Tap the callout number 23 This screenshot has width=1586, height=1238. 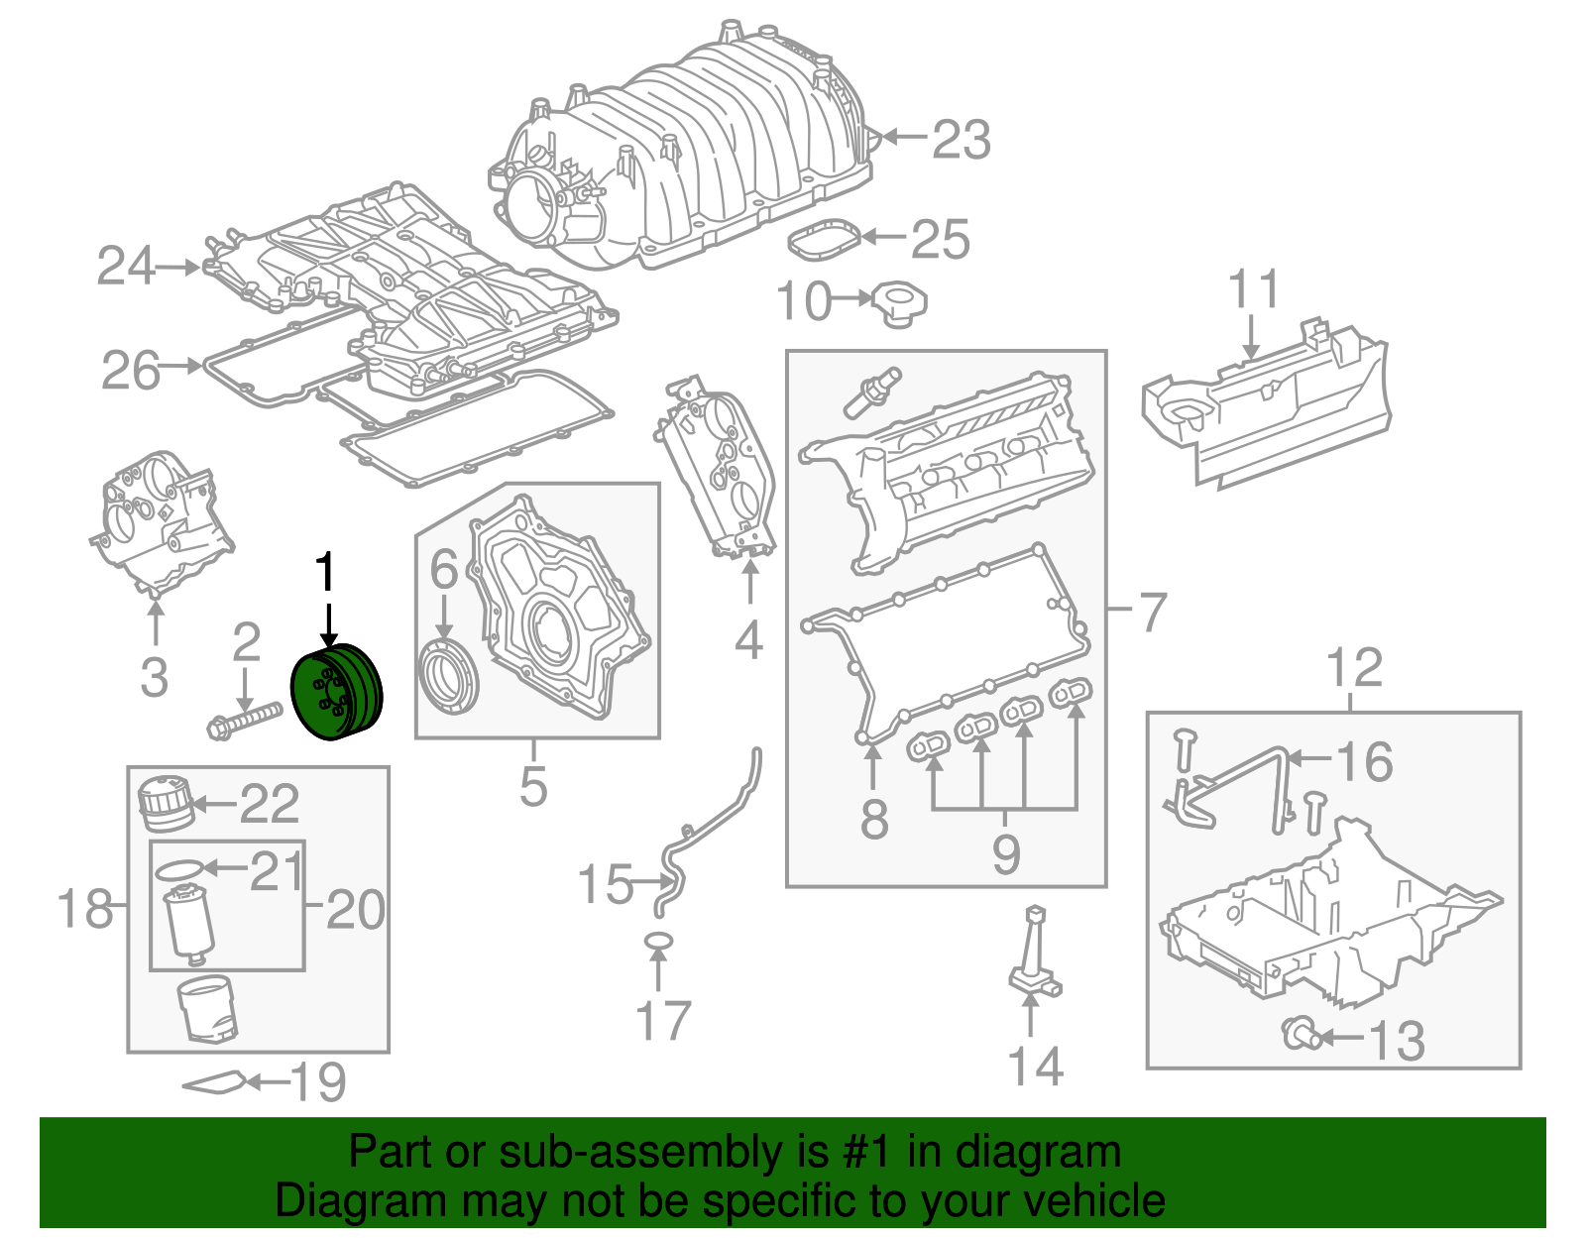tap(961, 140)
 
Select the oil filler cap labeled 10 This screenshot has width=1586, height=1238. tap(899, 304)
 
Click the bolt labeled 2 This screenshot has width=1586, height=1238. tap(244, 720)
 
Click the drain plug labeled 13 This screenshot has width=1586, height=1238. tap(1301, 1035)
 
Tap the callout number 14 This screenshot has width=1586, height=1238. tap(1035, 1066)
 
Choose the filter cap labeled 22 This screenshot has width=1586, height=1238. tap(165, 803)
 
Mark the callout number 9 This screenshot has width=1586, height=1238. tap(1005, 853)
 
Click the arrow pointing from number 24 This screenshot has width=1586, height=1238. tap(179, 268)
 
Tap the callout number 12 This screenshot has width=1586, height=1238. tap(1354, 668)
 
